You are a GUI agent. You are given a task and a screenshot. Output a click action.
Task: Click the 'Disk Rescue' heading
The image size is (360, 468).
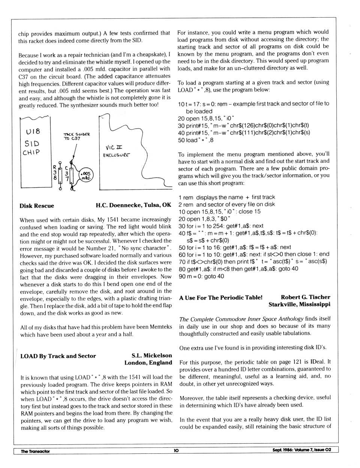point(37,206)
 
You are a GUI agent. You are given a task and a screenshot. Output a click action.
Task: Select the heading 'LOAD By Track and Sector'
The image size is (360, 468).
point(58,356)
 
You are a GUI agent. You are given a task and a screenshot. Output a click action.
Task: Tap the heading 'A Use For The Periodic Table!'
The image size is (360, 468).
point(220,298)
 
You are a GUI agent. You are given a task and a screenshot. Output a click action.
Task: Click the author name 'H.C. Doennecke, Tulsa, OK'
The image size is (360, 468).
point(133,205)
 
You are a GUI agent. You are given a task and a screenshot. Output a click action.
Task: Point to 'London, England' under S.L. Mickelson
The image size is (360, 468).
point(148,363)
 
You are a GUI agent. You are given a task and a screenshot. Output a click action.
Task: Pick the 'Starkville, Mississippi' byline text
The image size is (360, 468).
point(299,305)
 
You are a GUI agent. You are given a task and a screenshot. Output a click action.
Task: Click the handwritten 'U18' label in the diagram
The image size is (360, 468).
point(33,132)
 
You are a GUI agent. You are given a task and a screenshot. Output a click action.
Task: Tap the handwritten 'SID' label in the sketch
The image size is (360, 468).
point(32,143)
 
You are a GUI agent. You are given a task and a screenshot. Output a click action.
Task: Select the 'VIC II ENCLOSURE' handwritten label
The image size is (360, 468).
point(117,151)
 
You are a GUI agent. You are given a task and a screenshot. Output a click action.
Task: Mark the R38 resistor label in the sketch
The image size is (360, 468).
point(55,173)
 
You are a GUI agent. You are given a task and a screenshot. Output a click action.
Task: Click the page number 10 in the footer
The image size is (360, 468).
point(176,450)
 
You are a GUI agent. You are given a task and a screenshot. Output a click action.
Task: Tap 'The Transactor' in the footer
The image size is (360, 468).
point(35,451)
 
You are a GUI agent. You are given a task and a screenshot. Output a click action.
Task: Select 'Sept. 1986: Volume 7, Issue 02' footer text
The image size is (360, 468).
point(301,450)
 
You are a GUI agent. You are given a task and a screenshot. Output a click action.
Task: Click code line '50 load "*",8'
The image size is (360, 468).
point(196,140)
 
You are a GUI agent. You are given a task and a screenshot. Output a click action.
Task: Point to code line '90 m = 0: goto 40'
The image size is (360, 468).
point(201,276)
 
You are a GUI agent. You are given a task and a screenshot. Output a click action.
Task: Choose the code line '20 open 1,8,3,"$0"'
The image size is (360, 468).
point(204,219)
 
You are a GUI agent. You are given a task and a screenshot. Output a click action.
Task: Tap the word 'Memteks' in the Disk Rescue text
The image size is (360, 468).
point(161,327)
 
